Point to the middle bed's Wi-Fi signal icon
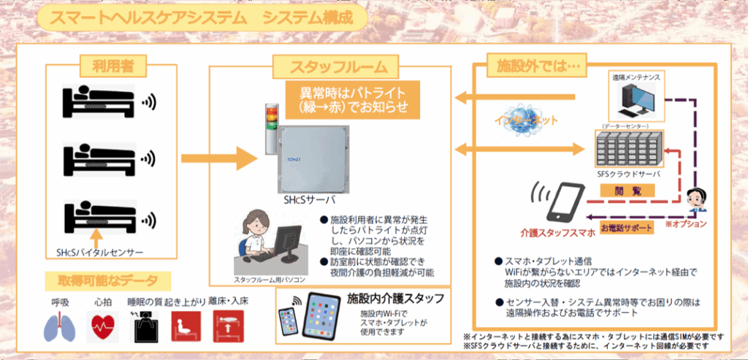click(149, 158)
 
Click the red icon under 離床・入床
click(228, 324)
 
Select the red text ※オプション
click(686, 223)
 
